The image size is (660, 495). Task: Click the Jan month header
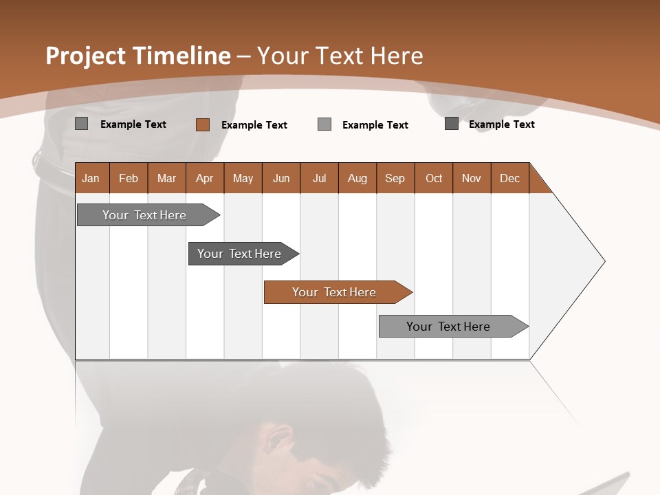[x=91, y=178]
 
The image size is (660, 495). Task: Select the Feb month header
[x=129, y=178]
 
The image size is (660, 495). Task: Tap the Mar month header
[x=166, y=178]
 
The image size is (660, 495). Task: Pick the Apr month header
[x=205, y=178]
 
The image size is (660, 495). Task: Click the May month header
[x=243, y=178]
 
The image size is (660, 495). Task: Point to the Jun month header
[x=281, y=178]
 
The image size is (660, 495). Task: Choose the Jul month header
[x=319, y=178]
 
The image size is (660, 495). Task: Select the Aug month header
[x=357, y=178]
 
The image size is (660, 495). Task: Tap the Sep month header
[x=395, y=178]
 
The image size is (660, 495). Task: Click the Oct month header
[x=434, y=178]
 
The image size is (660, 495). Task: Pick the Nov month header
[x=472, y=178]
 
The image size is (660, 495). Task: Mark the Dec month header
[x=510, y=178]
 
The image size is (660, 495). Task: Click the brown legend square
[x=202, y=124]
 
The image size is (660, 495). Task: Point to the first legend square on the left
[x=81, y=124]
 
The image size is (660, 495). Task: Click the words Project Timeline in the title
[x=137, y=56]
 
